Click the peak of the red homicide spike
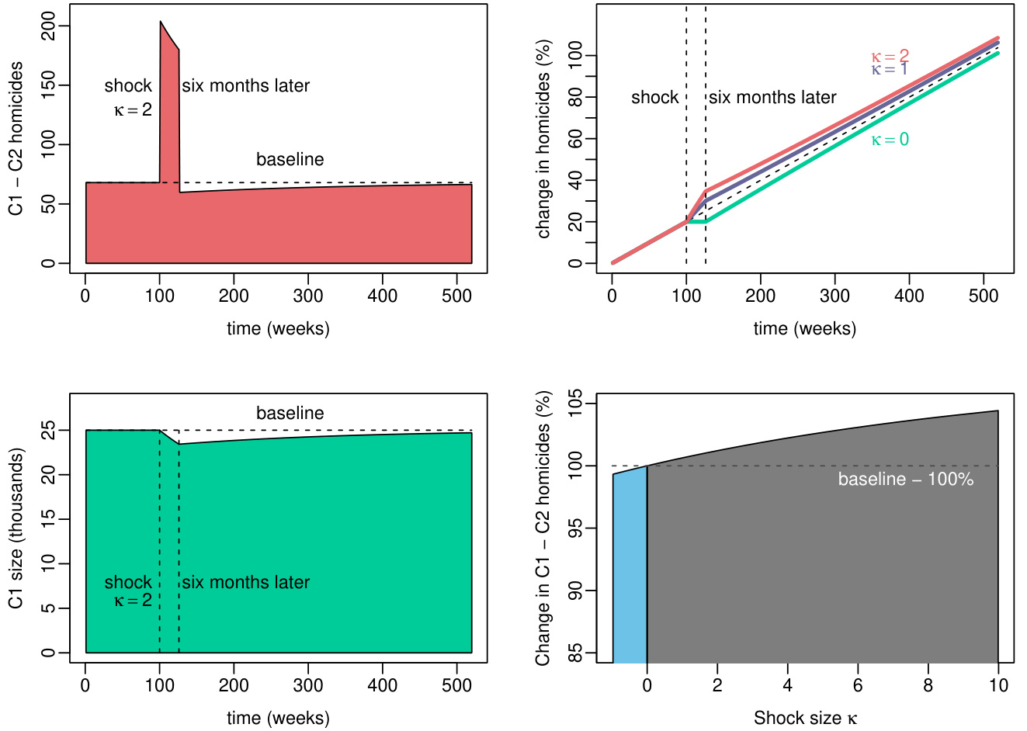click(161, 23)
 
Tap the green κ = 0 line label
click(890, 140)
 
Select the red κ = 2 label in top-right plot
click(890, 56)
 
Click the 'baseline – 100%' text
click(905, 480)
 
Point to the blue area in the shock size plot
click(630, 566)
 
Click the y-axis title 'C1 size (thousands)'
click(17, 528)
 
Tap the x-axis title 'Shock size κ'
click(805, 719)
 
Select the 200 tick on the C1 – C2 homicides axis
click(49, 26)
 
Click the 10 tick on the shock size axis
click(998, 685)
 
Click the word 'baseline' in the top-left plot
click(290, 159)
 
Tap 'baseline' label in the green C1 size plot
click(290, 413)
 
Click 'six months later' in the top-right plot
click(772, 98)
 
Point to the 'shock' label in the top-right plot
click(655, 98)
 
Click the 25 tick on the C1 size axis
click(49, 430)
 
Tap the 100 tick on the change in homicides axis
click(575, 56)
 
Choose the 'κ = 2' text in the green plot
click(133, 601)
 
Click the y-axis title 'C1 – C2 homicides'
click(17, 138)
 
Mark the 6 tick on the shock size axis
click(858, 685)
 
